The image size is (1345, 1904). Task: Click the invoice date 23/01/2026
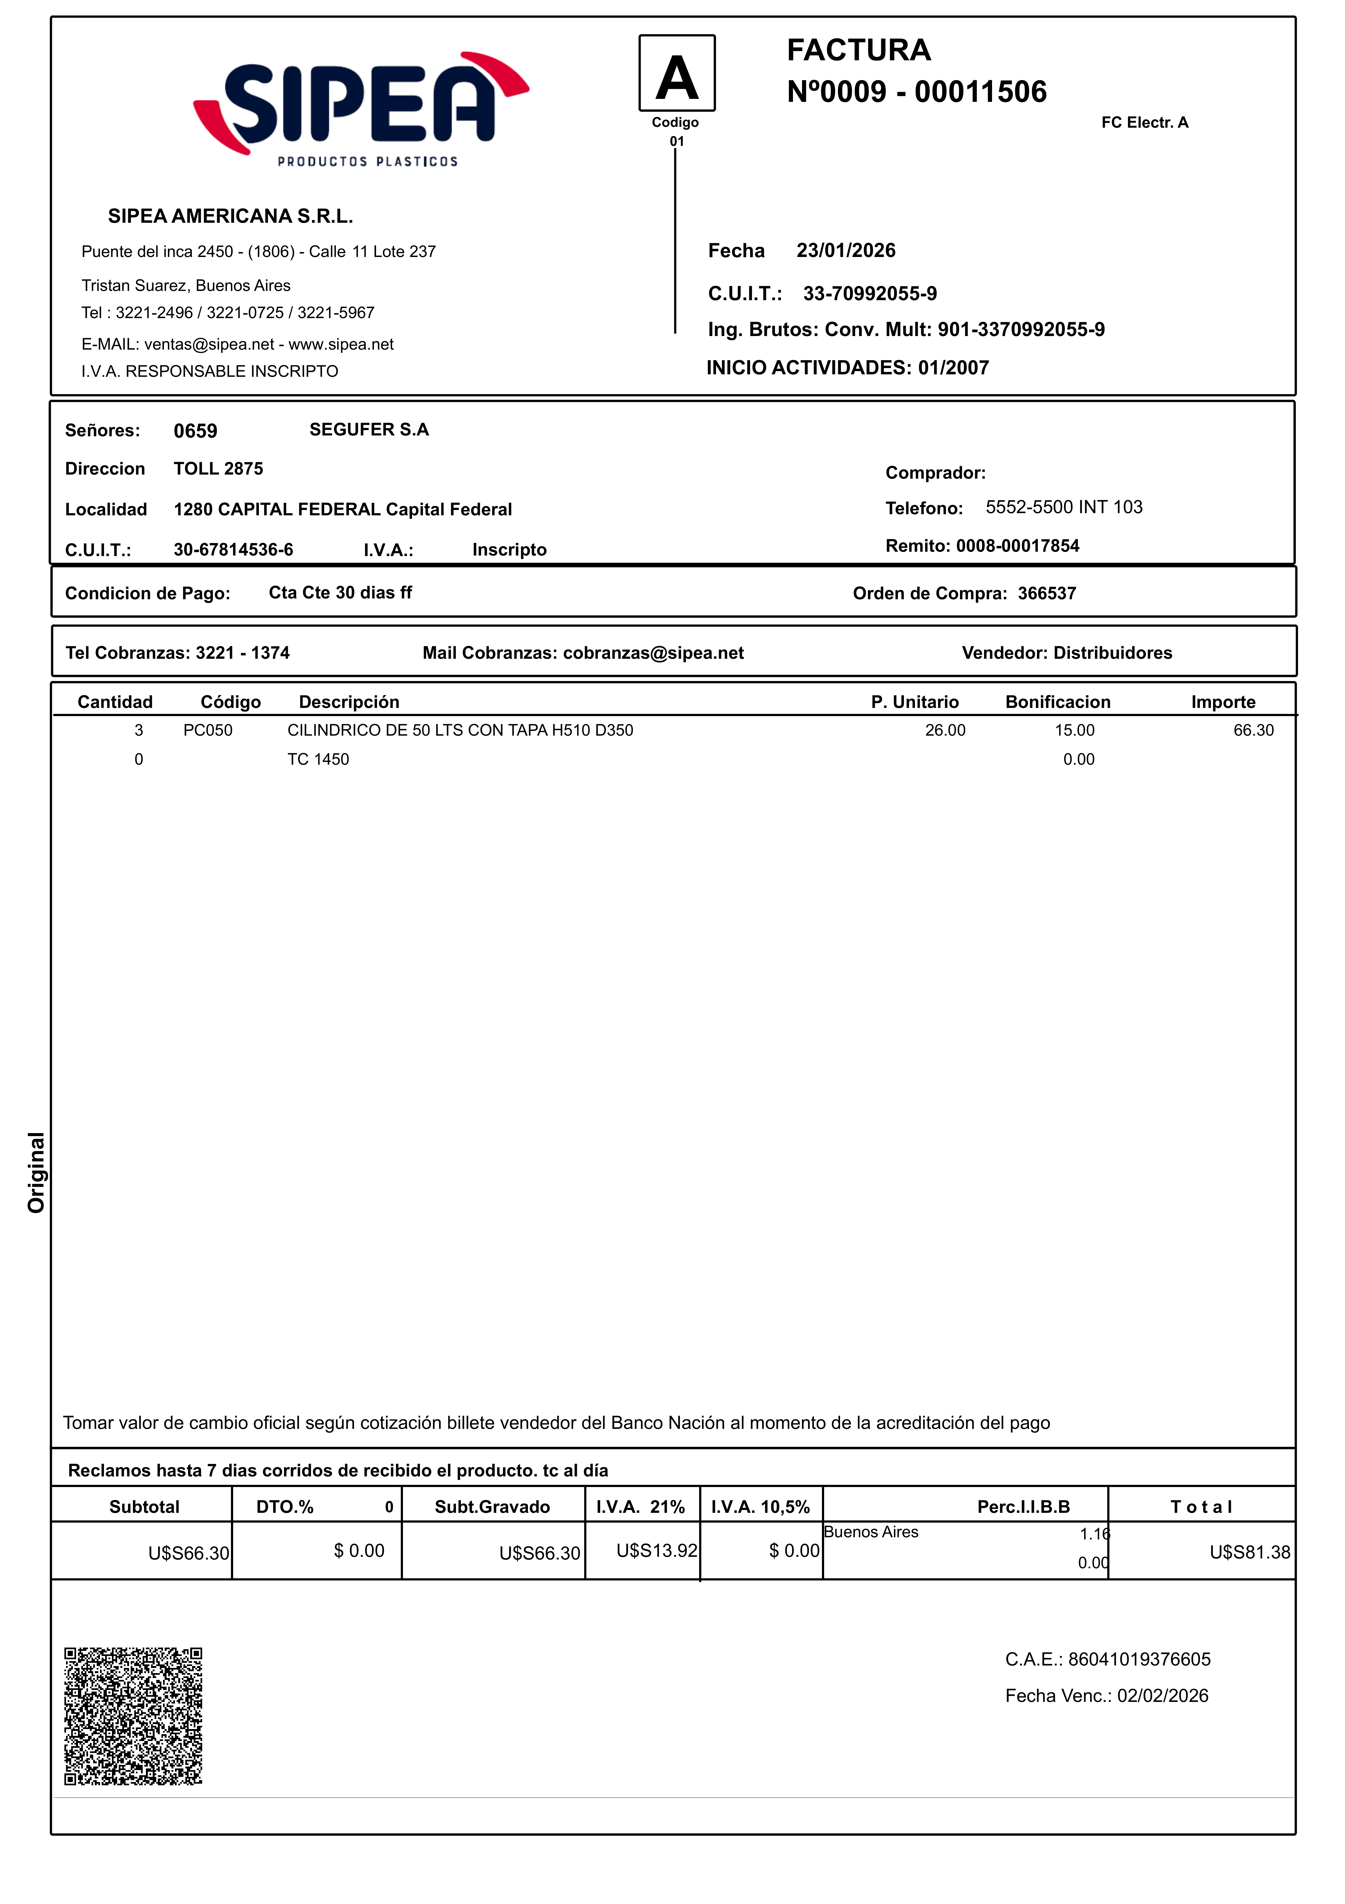pos(846,250)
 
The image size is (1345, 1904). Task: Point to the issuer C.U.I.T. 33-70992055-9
pos(870,294)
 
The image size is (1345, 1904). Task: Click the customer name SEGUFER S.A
pos(369,429)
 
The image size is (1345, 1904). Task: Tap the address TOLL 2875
pos(218,469)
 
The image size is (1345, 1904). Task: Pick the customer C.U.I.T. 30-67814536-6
pos(233,550)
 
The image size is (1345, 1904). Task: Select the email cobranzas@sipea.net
pos(653,654)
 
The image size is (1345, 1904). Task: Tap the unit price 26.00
pos(945,730)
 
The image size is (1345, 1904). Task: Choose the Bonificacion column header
pos(1057,702)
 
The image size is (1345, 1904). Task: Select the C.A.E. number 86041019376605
pos(1138,1659)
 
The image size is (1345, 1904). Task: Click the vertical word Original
pos(36,1172)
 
